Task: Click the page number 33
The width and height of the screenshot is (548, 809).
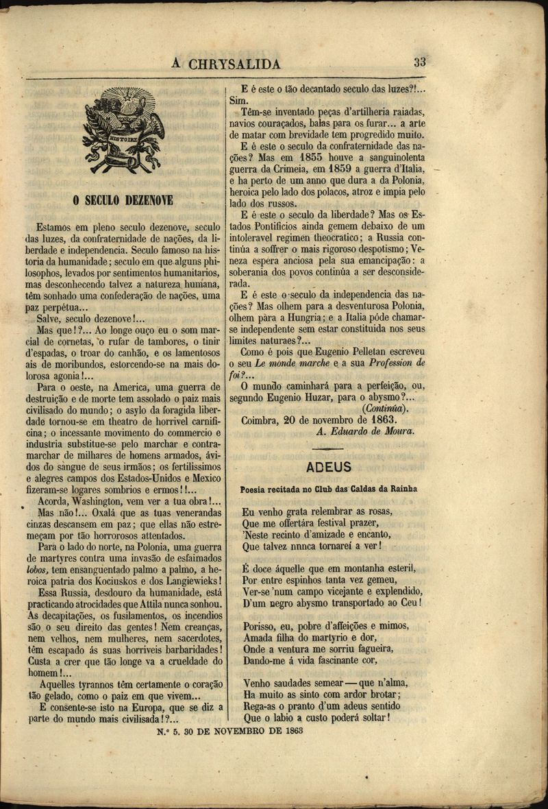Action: pyautogui.click(x=420, y=62)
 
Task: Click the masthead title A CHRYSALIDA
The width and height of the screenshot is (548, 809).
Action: pyautogui.click(x=227, y=64)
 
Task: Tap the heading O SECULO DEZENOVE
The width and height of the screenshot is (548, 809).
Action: pyautogui.click(x=123, y=200)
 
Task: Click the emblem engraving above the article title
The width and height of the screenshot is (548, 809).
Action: pyautogui.click(x=124, y=131)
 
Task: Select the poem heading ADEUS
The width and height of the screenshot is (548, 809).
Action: pyautogui.click(x=329, y=467)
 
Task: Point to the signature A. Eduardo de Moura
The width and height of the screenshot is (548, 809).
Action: pyautogui.click(x=366, y=431)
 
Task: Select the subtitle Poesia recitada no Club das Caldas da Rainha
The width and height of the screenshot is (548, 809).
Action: pyautogui.click(x=329, y=489)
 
